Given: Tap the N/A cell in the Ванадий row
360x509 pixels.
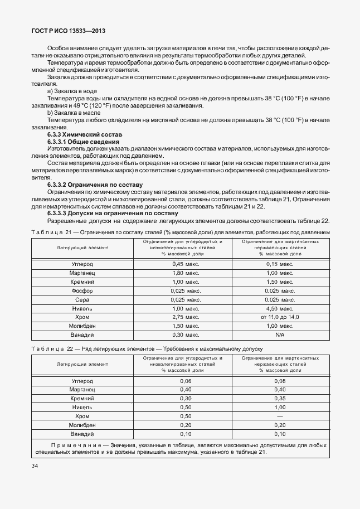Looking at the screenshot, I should (x=280, y=335).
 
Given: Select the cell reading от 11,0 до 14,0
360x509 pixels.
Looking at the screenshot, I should (x=280, y=317).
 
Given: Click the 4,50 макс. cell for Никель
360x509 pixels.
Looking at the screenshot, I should (x=280, y=308).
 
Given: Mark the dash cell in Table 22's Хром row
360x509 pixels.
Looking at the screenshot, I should (x=280, y=416).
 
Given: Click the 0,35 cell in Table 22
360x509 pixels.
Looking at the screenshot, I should (x=280, y=399).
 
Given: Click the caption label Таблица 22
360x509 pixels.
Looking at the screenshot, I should (x=50, y=349).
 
